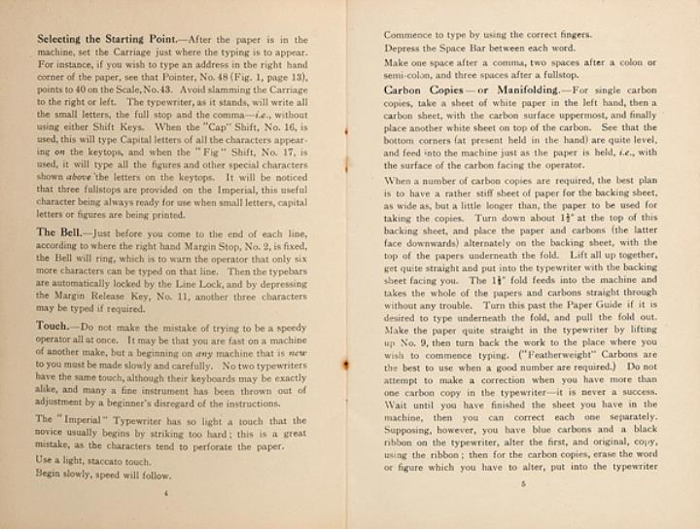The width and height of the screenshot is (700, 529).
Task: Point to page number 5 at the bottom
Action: [x=522, y=482]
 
